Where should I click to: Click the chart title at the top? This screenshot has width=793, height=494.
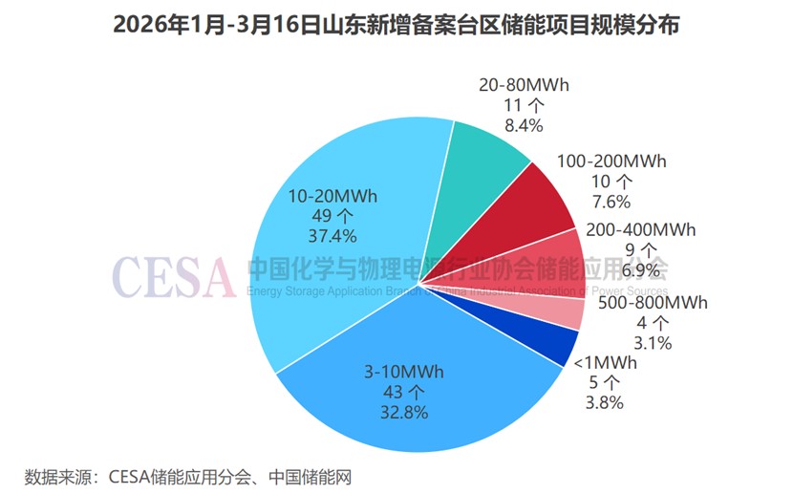(396, 26)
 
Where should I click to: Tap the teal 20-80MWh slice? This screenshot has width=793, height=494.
(487, 158)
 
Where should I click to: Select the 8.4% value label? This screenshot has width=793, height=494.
(524, 125)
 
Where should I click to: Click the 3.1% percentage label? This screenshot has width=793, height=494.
(654, 342)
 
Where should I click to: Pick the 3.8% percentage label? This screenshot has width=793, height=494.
(604, 402)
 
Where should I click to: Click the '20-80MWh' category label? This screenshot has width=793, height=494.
(524, 85)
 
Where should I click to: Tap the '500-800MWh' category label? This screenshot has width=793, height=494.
(654, 303)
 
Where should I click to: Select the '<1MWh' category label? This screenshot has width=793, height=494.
(604, 363)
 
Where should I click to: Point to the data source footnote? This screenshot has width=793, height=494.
(195, 475)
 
